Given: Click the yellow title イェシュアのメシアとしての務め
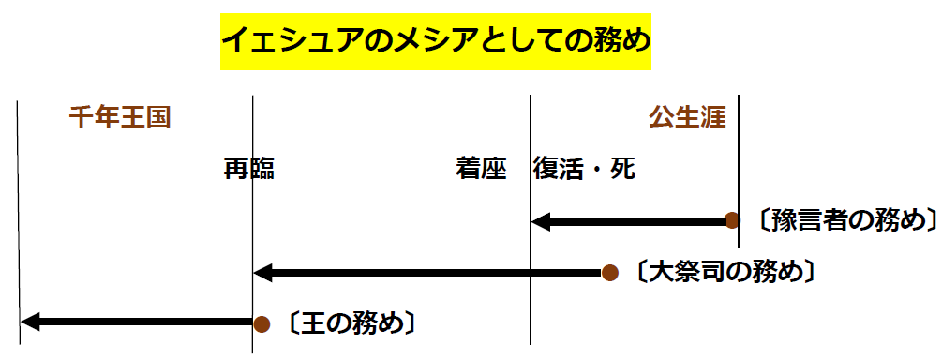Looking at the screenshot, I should point(435,42).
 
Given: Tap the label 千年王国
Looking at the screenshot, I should point(119,118).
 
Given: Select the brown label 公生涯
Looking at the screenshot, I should point(687,118).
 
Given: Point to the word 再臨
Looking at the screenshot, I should point(248,169).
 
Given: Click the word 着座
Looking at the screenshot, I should point(481,169).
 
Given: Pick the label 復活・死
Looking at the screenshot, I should point(584,169).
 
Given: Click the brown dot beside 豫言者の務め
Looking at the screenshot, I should point(733,221).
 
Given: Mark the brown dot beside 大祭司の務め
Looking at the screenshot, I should point(609,273).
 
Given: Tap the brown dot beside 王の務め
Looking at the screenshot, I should point(262,323).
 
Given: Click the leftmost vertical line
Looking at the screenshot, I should point(18,225).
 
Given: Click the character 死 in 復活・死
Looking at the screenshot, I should point(622,169).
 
